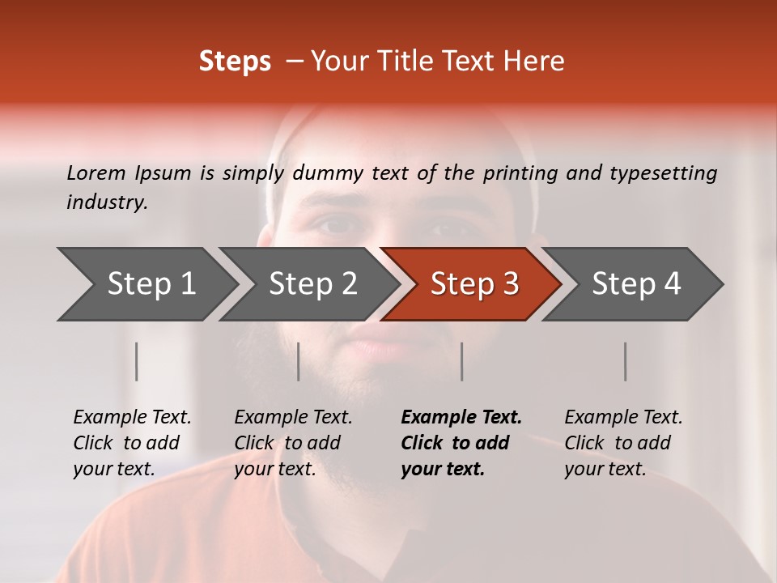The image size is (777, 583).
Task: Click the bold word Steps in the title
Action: pos(235,62)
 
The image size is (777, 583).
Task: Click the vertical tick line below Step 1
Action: pos(137,361)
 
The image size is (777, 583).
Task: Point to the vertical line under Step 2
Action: pos(299,361)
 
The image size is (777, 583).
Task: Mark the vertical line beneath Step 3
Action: pos(461,361)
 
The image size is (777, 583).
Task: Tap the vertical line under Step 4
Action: pos(625,361)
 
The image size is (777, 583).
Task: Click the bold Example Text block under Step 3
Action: pos(461,443)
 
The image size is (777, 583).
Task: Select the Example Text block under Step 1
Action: pos(132,443)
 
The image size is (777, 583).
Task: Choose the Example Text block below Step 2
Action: pos(293,443)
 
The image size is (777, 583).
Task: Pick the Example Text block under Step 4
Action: pos(623,443)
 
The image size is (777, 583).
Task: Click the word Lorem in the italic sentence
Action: pos(96,172)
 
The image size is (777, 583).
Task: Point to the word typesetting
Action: pos(663,172)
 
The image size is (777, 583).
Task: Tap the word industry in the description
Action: pos(106,202)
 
